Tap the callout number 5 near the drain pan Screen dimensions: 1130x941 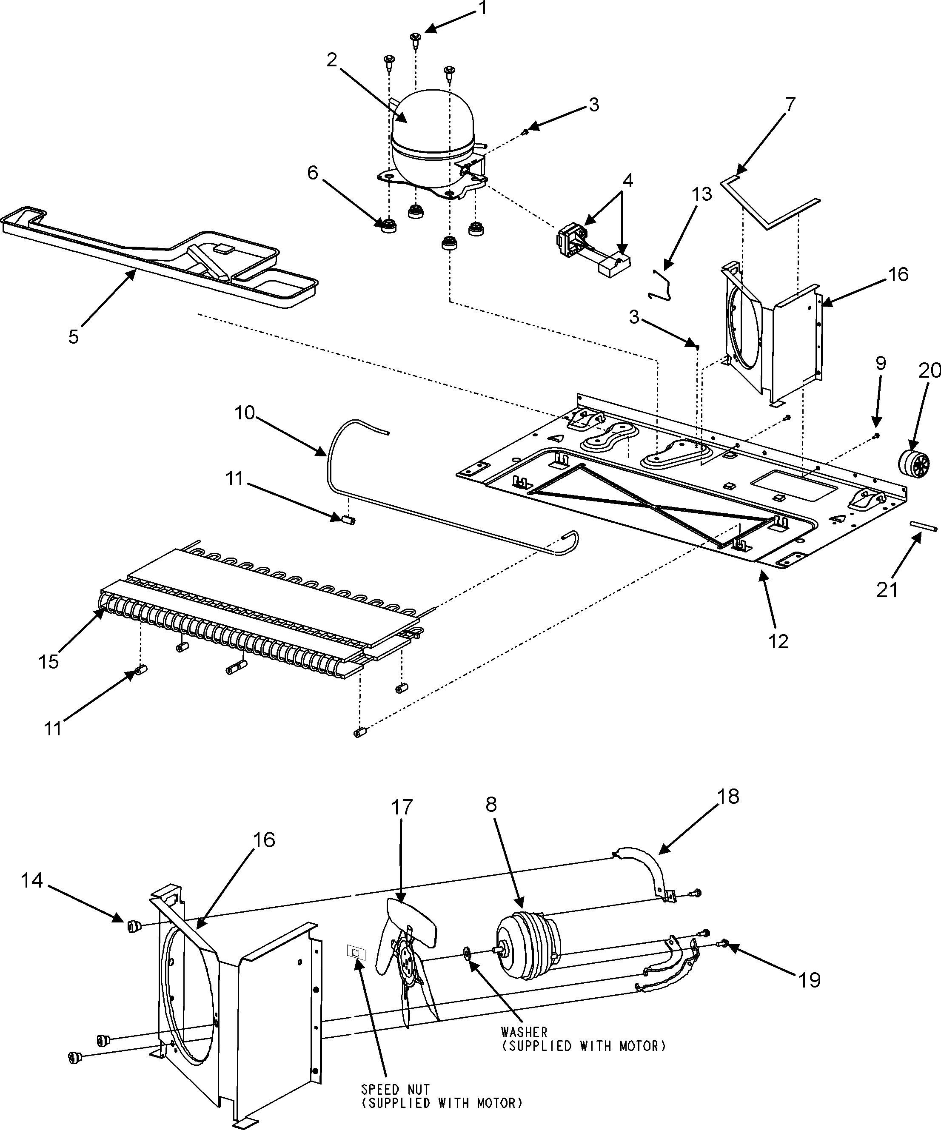coord(74,336)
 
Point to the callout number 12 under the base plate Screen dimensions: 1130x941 coord(778,640)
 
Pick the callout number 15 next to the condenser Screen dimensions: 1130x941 coord(48,661)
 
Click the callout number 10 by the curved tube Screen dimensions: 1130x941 coord(245,413)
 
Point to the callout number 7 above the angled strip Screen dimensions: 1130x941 coord(789,104)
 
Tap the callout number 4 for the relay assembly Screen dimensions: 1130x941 coord(627,180)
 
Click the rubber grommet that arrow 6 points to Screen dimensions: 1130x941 coord(387,225)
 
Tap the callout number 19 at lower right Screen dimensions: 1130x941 coord(809,980)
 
